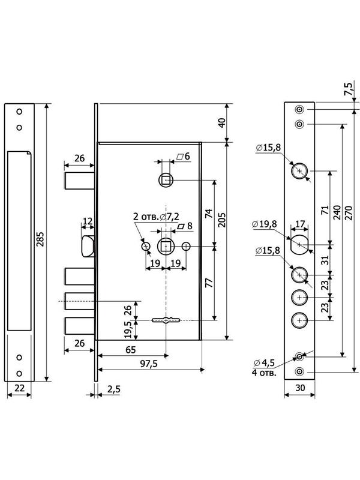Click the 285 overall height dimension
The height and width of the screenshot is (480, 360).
[41, 239]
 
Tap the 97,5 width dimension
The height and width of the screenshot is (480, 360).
[148, 364]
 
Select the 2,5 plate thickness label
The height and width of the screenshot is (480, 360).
[114, 389]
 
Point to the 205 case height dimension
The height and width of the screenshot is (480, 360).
[222, 220]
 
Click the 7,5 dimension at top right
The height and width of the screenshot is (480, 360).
[349, 89]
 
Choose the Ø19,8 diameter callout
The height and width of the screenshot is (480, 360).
[265, 224]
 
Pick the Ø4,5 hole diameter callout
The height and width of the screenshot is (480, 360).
[264, 363]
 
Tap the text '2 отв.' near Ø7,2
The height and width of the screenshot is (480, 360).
[146, 217]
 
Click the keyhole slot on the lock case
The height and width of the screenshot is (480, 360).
[166, 320]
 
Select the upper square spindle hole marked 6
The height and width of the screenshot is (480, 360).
[166, 180]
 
